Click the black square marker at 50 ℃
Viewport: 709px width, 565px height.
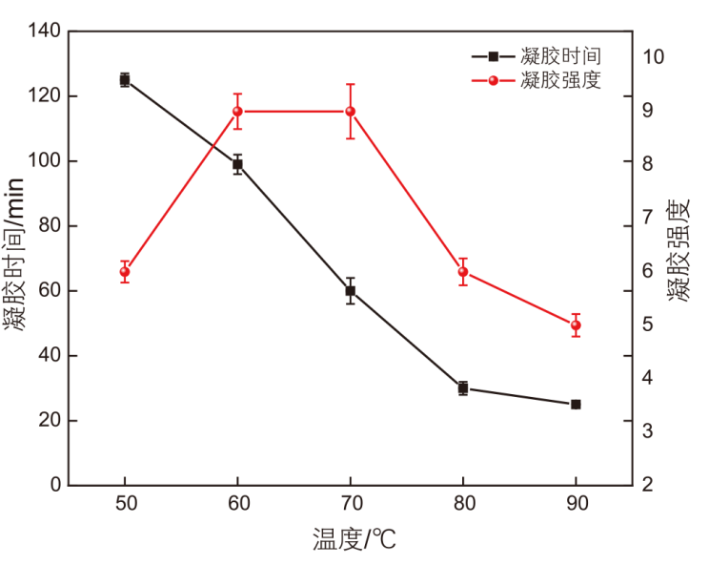[125, 80]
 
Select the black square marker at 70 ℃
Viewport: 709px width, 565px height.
[351, 290]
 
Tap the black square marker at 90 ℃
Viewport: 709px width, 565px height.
[576, 405]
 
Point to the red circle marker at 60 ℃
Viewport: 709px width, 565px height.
[237, 112]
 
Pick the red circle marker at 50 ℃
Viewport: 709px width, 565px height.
[125, 272]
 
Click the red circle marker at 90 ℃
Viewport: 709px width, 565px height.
[576, 325]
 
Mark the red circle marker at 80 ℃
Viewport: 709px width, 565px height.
[463, 272]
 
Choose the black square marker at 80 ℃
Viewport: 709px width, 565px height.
[463, 388]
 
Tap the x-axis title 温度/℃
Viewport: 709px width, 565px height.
[354, 540]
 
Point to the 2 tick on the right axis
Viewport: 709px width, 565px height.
[649, 486]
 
